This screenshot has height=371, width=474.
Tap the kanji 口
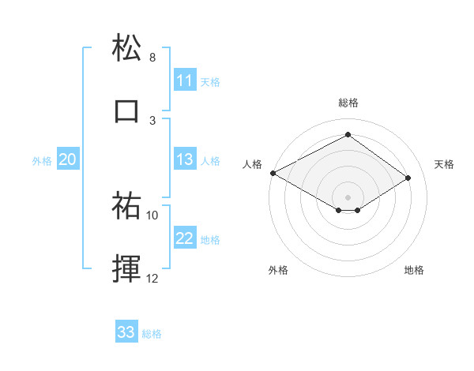(x=126, y=111)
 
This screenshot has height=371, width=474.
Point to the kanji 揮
(x=126, y=268)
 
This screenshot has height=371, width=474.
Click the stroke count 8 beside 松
(x=152, y=58)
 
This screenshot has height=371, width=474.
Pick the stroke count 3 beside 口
(x=152, y=120)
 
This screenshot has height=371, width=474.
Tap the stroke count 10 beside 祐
(x=152, y=215)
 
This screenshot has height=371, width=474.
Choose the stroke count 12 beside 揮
(x=152, y=278)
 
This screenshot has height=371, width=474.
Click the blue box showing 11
(x=185, y=81)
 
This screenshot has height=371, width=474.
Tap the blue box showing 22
(x=185, y=239)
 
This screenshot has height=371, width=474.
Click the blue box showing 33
(x=126, y=332)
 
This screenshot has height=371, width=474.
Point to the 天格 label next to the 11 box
(x=210, y=81)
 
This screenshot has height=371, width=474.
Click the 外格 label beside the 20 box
(x=42, y=161)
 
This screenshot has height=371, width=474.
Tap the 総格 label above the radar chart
(x=348, y=103)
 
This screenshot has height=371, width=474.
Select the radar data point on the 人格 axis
(x=273, y=173)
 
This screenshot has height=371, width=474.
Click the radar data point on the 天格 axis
(x=408, y=178)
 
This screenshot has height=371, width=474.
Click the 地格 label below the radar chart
(x=414, y=270)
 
